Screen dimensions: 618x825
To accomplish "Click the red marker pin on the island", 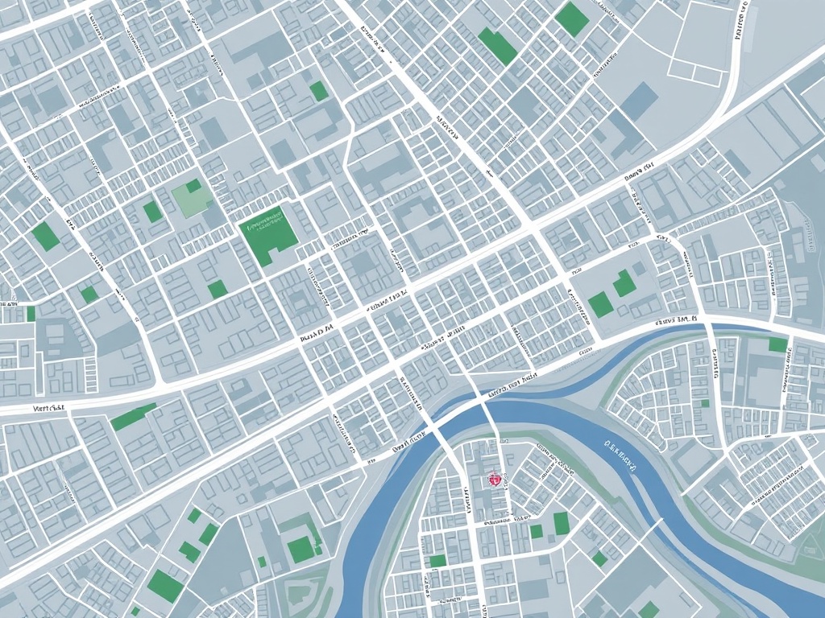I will (494, 480).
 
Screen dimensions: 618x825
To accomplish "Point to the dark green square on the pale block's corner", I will (193, 186).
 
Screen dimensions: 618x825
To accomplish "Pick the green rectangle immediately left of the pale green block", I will (152, 212).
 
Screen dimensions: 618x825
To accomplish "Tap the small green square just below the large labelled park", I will (217, 289).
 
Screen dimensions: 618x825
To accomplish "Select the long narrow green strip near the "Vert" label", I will (133, 417).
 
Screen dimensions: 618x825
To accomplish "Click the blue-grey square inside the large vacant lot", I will (641, 101).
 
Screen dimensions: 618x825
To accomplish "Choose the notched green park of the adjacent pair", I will (623, 283).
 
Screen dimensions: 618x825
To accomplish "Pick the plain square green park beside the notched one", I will (599, 304).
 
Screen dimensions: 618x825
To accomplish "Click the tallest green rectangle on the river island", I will (562, 524).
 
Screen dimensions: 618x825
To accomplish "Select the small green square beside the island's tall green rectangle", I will (537, 531).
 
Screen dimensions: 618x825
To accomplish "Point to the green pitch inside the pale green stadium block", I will (301, 550).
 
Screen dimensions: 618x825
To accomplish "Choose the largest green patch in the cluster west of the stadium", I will (165, 586).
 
